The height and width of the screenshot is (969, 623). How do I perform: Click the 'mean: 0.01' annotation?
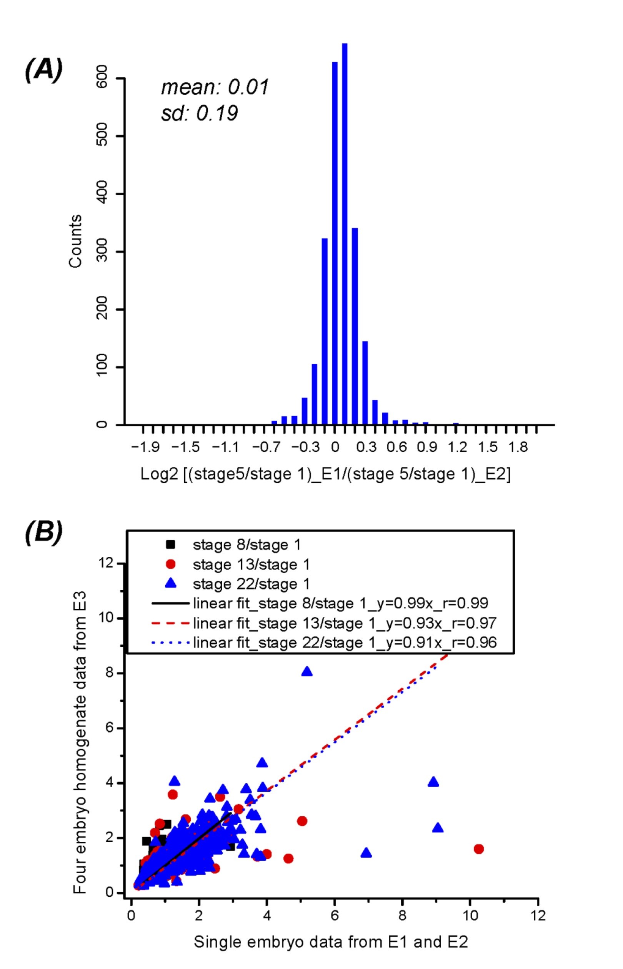[x=215, y=87]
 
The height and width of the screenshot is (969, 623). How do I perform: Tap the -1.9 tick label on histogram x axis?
[x=145, y=447]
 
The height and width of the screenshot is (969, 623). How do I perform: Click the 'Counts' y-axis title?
[x=76, y=241]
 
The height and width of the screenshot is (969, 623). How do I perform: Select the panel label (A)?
[x=44, y=70]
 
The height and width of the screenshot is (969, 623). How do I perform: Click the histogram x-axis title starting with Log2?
[x=325, y=474]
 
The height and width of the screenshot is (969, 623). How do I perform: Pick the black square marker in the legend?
[x=171, y=544]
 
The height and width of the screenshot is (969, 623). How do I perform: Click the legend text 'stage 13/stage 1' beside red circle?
[x=251, y=564]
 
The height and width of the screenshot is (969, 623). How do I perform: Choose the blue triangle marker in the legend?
[x=171, y=583]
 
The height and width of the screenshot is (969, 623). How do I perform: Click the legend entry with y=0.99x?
[x=340, y=603]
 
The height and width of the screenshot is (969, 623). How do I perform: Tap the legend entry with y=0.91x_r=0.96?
[x=344, y=642]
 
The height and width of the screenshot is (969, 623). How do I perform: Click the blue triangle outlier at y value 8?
[x=307, y=672]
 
